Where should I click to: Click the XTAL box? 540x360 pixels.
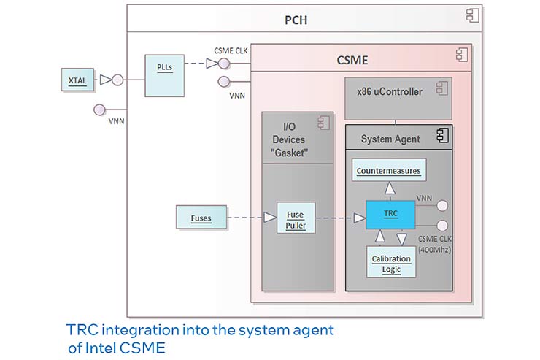pyautogui.click(x=77, y=80)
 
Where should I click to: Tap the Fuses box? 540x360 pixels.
pyautogui.click(x=201, y=217)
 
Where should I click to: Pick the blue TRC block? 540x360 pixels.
pyautogui.click(x=391, y=214)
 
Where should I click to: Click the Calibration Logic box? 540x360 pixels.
pyautogui.click(x=391, y=264)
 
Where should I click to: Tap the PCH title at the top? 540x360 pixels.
pyautogui.click(x=296, y=19)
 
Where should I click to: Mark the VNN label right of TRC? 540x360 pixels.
pyautogui.click(x=424, y=197)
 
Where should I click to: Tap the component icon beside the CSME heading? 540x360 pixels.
pyautogui.click(x=460, y=53)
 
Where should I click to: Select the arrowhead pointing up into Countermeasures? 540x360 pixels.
pyautogui.click(x=390, y=188)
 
